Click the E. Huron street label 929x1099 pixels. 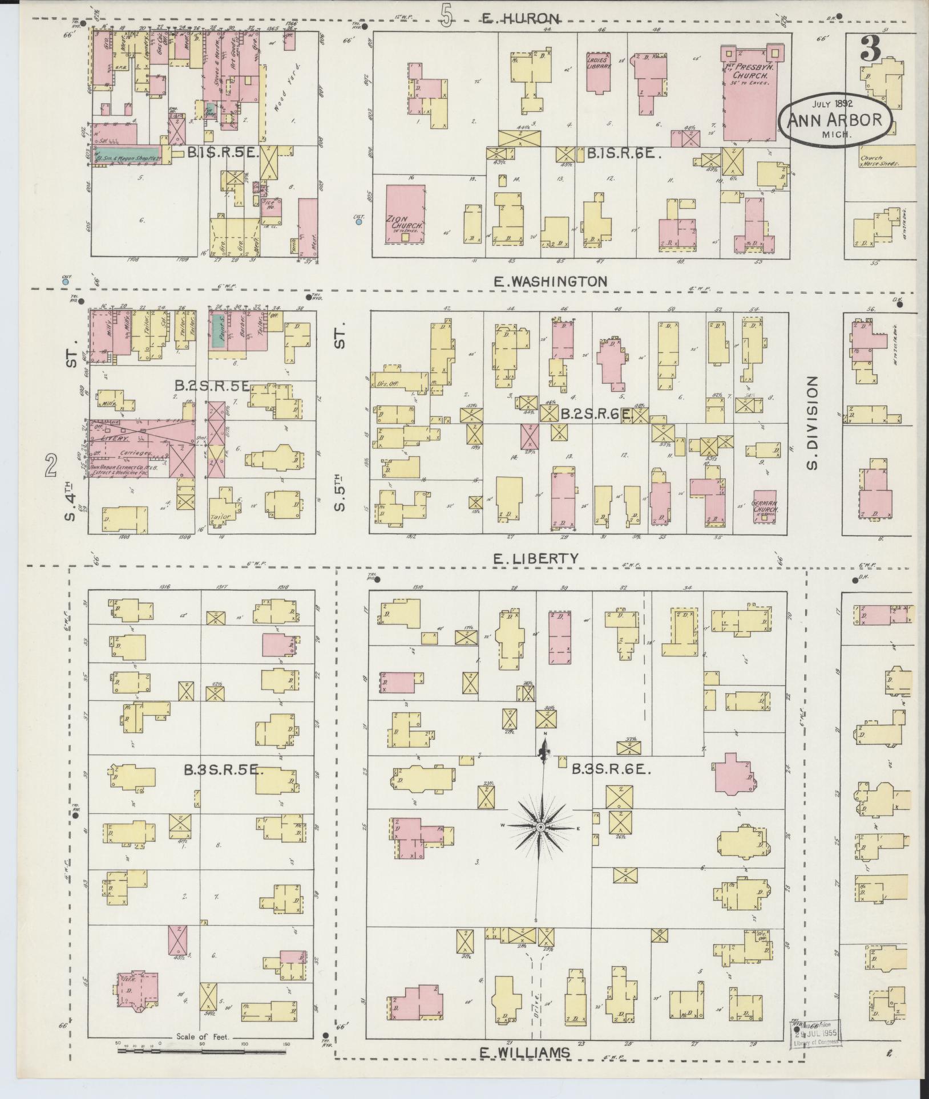pos(514,19)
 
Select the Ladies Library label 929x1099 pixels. pos(599,63)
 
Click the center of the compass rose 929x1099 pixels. pos(540,827)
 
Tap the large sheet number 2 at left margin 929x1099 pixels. pos(52,468)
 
